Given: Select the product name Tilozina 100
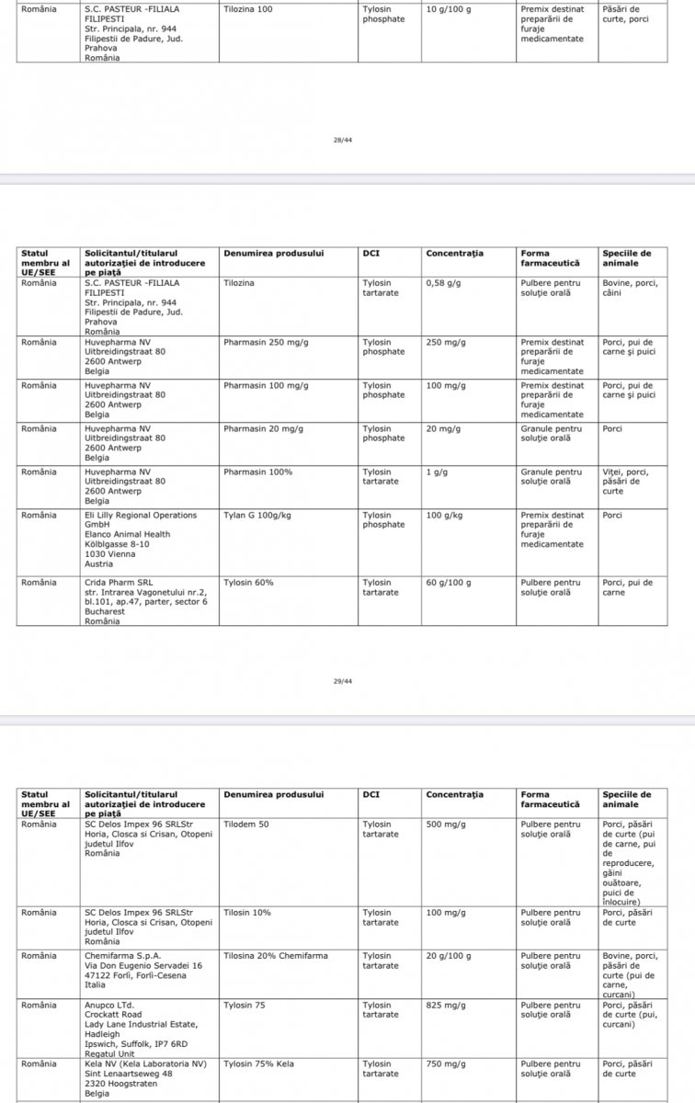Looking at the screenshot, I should tap(248, 8).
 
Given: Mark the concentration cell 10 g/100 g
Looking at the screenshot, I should tap(449, 8).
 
